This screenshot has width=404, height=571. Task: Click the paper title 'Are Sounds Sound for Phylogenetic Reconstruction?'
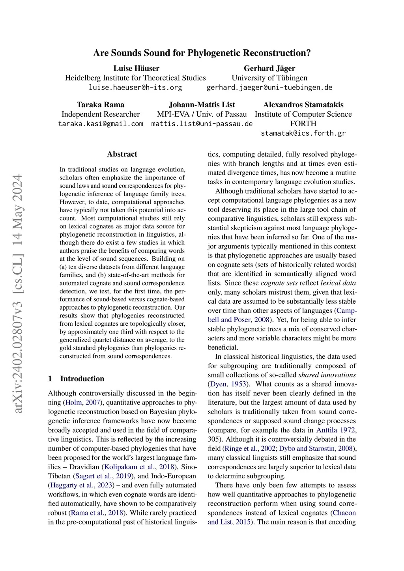tap(202, 53)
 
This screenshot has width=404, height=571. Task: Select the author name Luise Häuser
tap(136, 68)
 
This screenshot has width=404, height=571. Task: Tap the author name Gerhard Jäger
tap(269, 68)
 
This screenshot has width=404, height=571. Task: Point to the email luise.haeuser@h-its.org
tap(135, 87)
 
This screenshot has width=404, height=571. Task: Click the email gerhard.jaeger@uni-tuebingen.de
tap(269, 87)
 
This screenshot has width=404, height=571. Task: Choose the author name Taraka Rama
tap(100, 104)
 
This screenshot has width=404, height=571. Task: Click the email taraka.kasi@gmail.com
tap(101, 123)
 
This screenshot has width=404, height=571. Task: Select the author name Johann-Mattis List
tap(202, 104)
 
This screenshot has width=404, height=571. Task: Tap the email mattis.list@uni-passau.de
tap(202, 123)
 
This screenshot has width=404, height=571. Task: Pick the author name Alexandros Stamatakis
tap(303, 104)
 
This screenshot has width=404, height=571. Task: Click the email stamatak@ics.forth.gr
tap(303, 133)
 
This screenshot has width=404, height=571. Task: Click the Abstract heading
tap(122, 154)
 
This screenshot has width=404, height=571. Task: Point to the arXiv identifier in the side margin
tap(18, 293)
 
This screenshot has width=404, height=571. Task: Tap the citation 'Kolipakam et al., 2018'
tap(139, 467)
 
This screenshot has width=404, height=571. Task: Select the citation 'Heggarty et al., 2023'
tap(82, 485)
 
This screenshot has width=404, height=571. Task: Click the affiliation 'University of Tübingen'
tap(269, 78)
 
